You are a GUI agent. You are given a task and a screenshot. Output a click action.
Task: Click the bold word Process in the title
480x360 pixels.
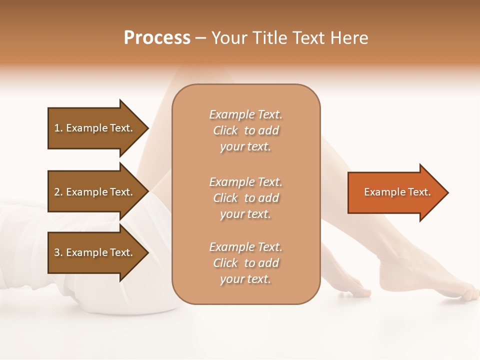coord(157,38)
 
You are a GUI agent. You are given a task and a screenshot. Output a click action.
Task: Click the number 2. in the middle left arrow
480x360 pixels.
coord(58,192)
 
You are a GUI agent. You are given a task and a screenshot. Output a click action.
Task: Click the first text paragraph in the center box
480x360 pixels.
coord(245,130)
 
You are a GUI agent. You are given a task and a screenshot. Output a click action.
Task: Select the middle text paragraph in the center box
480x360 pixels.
coord(245,198)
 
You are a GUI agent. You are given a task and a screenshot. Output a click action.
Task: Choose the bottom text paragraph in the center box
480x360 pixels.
coord(245,263)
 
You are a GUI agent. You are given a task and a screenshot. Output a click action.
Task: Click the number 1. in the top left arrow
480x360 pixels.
coord(58,128)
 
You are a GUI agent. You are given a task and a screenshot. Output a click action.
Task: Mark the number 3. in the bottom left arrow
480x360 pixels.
coord(58,252)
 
